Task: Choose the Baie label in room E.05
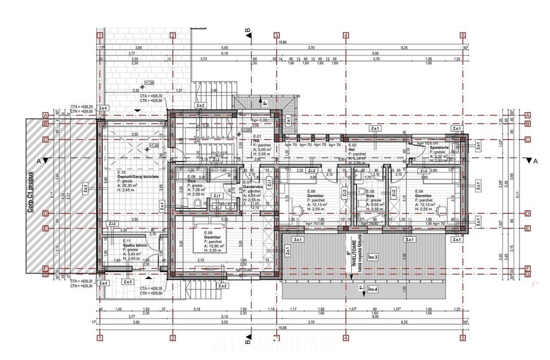(x=362, y=196)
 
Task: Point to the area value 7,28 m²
(x=196, y=190)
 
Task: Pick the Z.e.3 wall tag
(x=128, y=282)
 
